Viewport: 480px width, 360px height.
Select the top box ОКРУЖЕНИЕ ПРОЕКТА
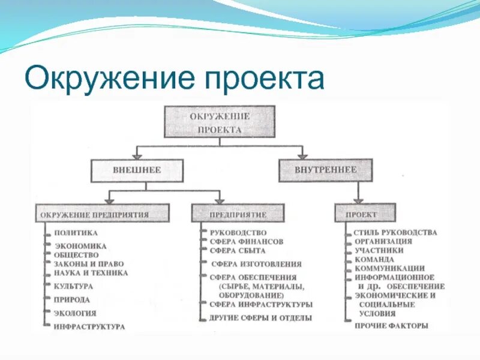[x=220, y=122]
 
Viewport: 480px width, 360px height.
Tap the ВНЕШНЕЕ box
[x=137, y=170]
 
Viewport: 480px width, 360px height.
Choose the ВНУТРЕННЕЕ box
[x=325, y=170]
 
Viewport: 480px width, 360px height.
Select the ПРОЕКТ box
[x=365, y=214]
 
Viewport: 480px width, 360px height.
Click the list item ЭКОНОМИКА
[x=80, y=245]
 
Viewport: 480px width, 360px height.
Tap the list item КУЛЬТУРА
[x=73, y=286]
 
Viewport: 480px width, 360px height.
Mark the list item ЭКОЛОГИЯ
[x=74, y=313]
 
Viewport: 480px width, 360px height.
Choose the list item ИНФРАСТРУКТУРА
[x=89, y=326]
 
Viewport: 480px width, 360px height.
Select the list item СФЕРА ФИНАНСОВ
[x=246, y=242]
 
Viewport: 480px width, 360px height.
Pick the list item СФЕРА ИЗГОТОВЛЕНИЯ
[x=256, y=264]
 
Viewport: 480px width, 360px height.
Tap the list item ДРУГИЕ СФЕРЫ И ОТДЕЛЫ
[x=260, y=317]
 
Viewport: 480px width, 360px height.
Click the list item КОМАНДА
[x=374, y=259]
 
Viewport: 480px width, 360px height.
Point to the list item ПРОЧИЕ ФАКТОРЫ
[x=391, y=326]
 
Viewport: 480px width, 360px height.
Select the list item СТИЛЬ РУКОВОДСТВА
[x=395, y=232]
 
